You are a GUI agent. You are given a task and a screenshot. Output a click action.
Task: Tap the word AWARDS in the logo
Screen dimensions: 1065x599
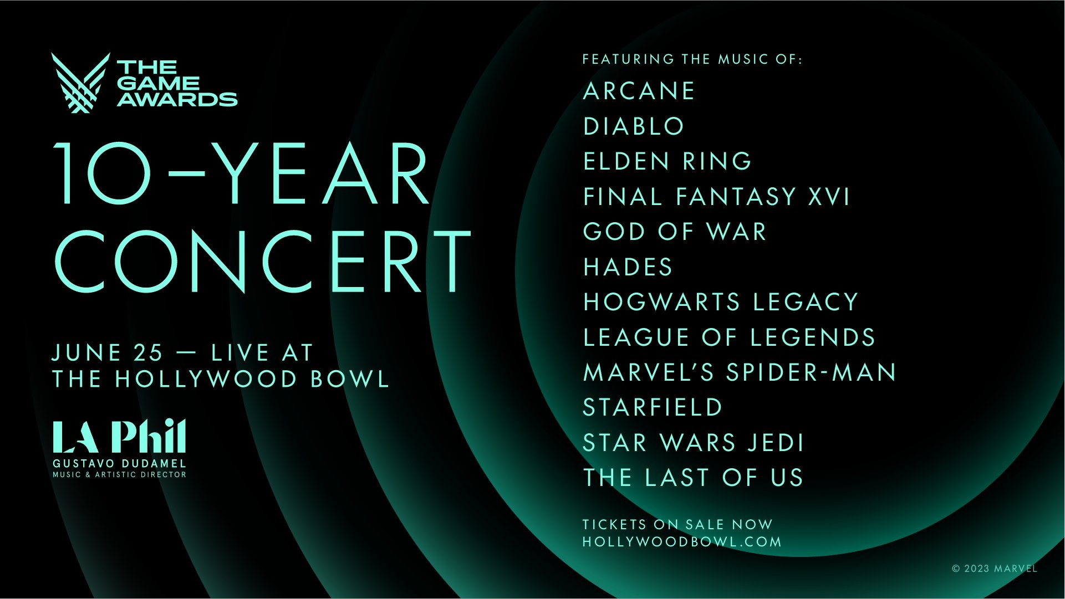177,100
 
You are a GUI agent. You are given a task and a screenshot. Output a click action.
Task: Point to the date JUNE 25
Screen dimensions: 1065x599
108,353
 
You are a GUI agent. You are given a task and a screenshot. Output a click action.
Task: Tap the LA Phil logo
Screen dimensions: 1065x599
119,437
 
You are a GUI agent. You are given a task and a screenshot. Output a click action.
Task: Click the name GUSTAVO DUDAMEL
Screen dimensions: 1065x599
119,463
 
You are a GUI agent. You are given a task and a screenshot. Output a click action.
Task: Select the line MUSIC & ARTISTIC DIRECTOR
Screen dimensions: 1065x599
119,475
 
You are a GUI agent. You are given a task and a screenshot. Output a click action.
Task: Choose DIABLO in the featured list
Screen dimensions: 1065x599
634,126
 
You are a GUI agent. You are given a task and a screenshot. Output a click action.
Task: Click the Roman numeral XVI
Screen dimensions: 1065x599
828,197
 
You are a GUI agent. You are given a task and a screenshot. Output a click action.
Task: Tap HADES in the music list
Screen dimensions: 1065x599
628,267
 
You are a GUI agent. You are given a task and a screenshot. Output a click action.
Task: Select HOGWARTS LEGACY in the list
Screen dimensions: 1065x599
721,303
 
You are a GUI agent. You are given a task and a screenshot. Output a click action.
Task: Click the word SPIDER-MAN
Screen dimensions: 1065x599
811,372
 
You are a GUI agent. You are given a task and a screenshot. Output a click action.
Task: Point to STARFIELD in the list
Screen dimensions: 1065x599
653,408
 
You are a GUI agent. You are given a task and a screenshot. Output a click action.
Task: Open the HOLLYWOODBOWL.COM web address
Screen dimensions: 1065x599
682,542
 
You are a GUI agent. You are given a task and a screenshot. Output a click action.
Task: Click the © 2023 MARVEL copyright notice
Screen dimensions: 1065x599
995,569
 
